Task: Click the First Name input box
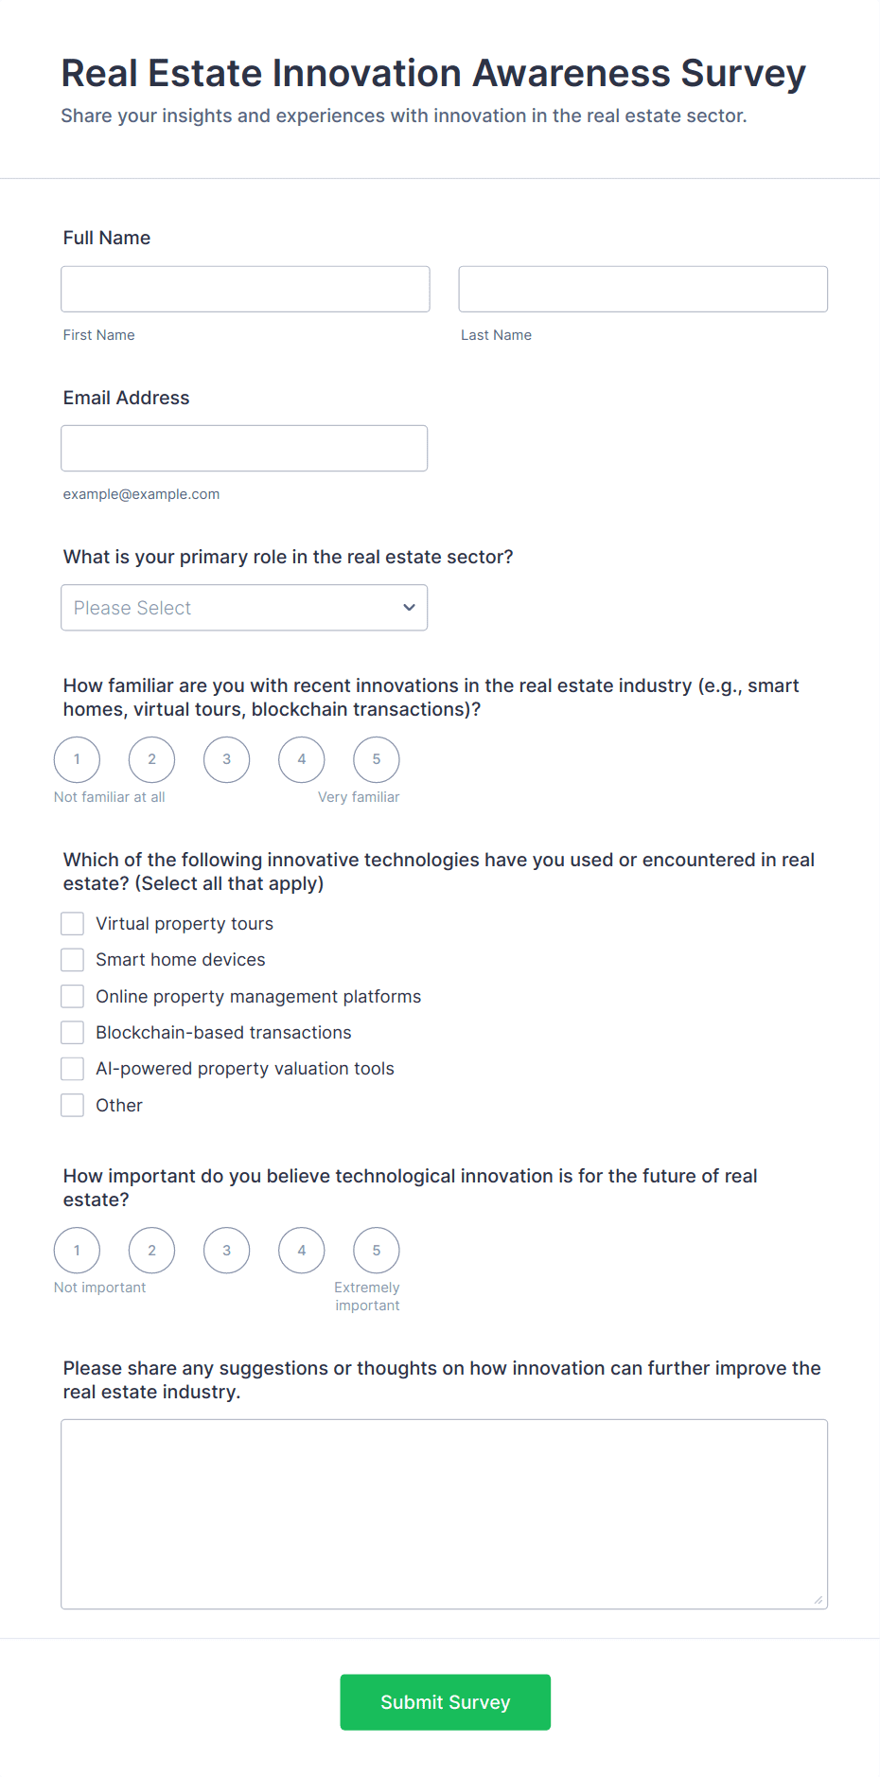[x=245, y=289]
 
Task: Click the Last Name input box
[x=642, y=289]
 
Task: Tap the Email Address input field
[x=244, y=448]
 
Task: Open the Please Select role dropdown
[x=244, y=608]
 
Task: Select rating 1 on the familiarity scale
[x=77, y=759]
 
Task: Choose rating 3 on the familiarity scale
[x=226, y=759]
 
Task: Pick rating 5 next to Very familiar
[x=376, y=759]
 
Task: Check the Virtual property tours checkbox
[x=73, y=924]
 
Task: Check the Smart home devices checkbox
[x=73, y=960]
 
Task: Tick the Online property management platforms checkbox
[x=73, y=996]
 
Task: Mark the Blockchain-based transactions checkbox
[x=73, y=1032]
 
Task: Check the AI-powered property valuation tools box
[x=73, y=1069]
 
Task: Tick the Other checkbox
[x=73, y=1105]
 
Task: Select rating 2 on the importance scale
[x=151, y=1251]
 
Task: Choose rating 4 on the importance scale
[x=301, y=1251]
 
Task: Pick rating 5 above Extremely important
[x=376, y=1251]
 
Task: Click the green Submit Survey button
[x=445, y=1702]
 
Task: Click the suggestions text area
[x=444, y=1514]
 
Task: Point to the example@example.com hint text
[x=141, y=494]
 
